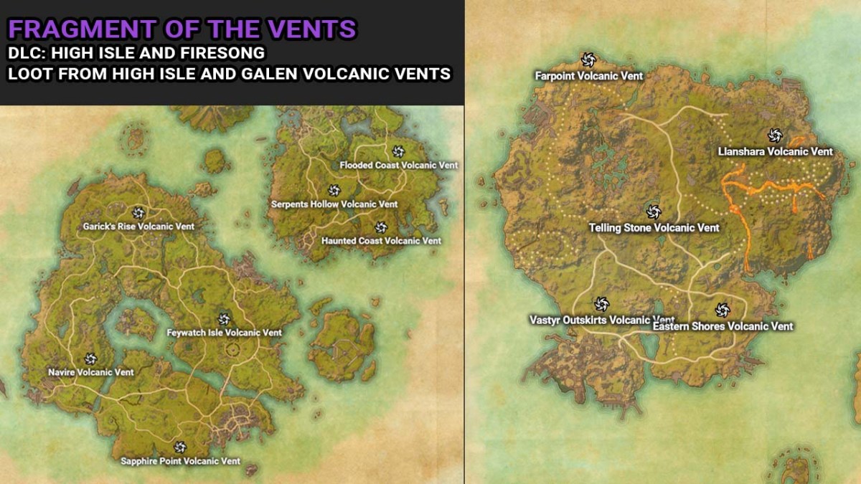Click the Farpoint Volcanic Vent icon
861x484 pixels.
pyautogui.click(x=588, y=60)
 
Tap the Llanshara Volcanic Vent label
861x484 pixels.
pyautogui.click(x=775, y=151)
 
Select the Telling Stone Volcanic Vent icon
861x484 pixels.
pyautogui.click(x=653, y=212)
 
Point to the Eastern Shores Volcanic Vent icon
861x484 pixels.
pyautogui.click(x=723, y=310)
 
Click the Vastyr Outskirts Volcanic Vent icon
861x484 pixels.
pyautogui.click(x=602, y=305)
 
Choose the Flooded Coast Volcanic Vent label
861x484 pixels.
pyautogui.click(x=399, y=165)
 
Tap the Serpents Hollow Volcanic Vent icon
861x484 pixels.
pyautogui.click(x=334, y=190)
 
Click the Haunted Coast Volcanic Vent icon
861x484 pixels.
pyautogui.click(x=381, y=227)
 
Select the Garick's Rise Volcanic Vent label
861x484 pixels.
pyautogui.click(x=138, y=227)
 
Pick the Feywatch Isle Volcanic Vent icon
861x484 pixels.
pyautogui.click(x=224, y=319)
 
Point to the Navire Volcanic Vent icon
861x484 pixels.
pyautogui.click(x=90, y=359)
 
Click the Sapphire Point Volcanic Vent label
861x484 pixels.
pyautogui.click(x=180, y=461)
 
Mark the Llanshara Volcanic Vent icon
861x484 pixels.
pyautogui.click(x=775, y=136)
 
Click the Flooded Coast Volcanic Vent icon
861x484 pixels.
pyautogui.click(x=399, y=151)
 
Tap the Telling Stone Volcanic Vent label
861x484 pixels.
pyautogui.click(x=654, y=228)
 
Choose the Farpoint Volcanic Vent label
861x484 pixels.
pyautogui.click(x=588, y=75)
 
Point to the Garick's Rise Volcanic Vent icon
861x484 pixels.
pyautogui.click(x=138, y=212)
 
